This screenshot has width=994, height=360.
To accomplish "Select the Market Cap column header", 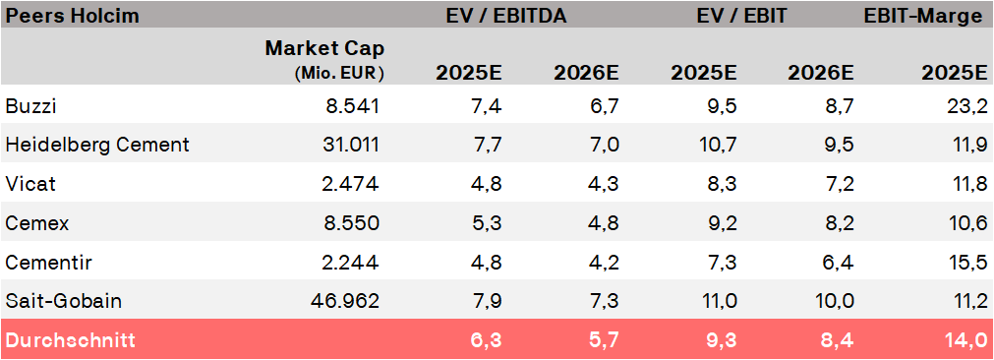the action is [x=324, y=48].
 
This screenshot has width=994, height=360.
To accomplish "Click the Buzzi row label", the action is [x=31, y=106].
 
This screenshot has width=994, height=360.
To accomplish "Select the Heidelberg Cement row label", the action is [x=97, y=146].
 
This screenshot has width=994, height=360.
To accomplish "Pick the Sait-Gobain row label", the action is [x=63, y=300].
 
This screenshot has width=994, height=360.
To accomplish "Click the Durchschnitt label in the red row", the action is [x=71, y=339].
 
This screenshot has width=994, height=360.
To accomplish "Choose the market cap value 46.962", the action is [x=345, y=300].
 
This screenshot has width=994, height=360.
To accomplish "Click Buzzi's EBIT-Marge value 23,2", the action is [x=968, y=106].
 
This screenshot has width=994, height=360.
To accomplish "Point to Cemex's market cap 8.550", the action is [x=351, y=223].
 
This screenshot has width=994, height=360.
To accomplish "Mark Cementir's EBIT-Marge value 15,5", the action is [x=969, y=262].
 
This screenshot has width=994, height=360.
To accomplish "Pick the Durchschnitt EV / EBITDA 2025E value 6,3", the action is [x=486, y=339].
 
